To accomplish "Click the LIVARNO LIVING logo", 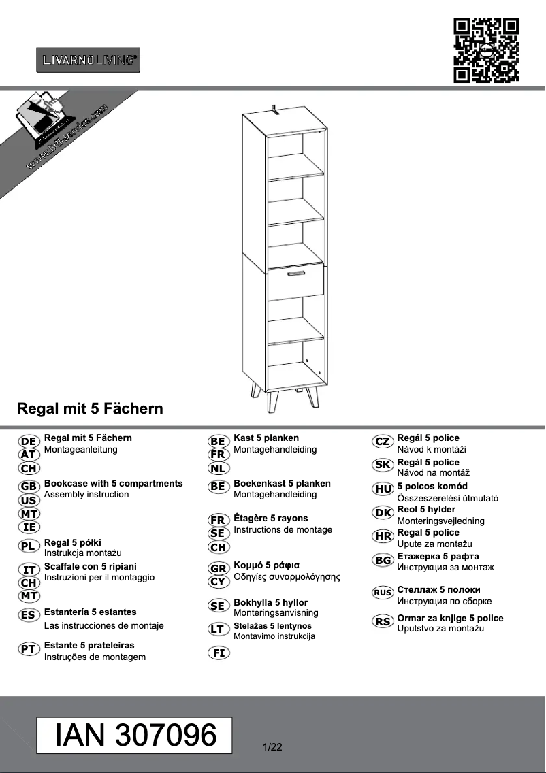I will (88, 60).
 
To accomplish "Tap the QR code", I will (486, 51).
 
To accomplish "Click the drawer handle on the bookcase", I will (295, 274).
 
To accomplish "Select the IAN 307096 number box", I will (134, 735).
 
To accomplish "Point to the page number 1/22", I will (272, 747).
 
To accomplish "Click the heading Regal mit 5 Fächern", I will (90, 409).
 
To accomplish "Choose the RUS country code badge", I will (383, 593).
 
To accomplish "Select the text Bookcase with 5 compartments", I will (113, 484).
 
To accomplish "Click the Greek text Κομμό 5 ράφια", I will (267, 565).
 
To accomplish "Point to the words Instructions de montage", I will (283, 530).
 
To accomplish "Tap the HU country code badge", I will (383, 489).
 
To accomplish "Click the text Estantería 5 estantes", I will (90, 612).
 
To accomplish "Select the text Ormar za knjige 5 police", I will (450, 619).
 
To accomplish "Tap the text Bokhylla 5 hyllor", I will (270, 603).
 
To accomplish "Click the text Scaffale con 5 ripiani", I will (90, 566).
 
